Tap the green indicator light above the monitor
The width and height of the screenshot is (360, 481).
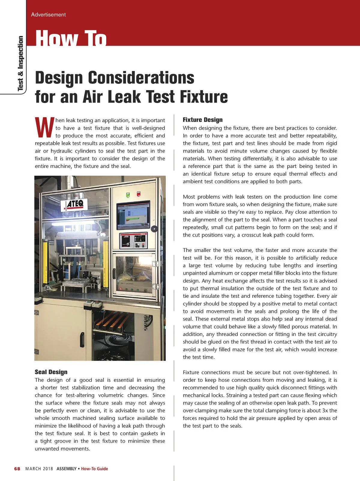pos(128,195)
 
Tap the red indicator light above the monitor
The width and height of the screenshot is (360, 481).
pos(139,194)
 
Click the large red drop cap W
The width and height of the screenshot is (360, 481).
pos(44,127)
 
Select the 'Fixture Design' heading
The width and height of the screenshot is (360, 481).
pos(202,120)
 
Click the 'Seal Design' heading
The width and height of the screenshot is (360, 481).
pos(51,372)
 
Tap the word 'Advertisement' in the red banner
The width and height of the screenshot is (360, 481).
pos(48,14)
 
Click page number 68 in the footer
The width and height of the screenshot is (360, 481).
pos(17,469)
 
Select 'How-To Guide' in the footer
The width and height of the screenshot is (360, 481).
pos(94,469)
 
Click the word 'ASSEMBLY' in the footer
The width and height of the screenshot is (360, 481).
pos(66,469)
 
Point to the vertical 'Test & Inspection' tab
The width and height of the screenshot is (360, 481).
pos(20,63)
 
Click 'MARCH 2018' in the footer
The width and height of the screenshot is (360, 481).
pos(39,469)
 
